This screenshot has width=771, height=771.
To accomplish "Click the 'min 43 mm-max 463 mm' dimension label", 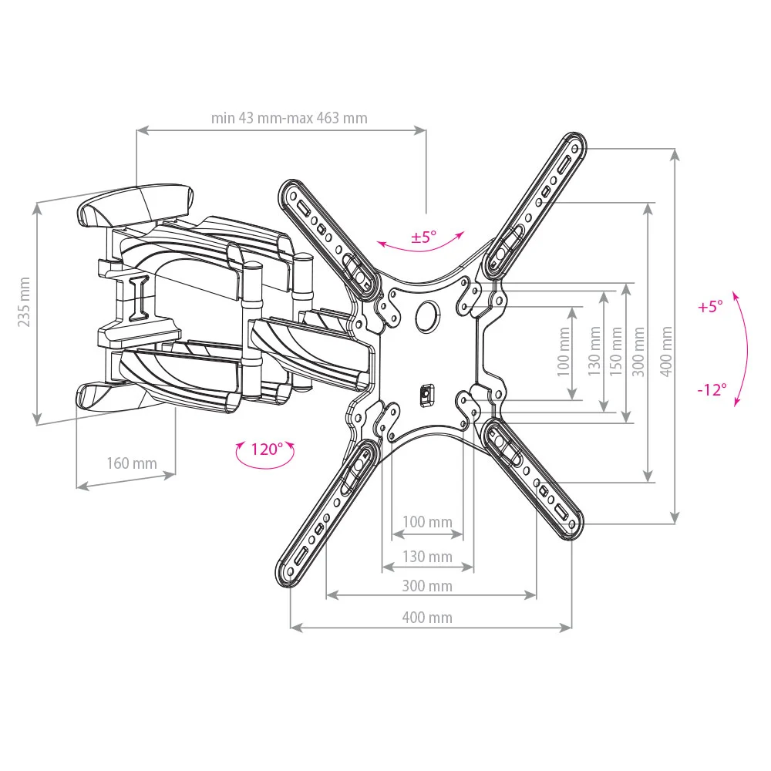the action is coord(289,119).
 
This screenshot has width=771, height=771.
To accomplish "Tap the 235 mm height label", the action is coord(24,302).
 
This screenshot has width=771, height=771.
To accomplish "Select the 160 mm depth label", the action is coord(132,463).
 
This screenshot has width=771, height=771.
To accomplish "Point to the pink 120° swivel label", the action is coord(267,449).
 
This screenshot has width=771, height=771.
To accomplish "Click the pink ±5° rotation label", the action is coord(424,237).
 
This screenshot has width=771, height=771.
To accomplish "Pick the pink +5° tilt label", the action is coord(710,307).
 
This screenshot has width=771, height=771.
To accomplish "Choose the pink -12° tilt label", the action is coord(712,390).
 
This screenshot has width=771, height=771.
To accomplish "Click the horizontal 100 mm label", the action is coord(427,522).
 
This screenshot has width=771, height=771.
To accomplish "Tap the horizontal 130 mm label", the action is coord(427,557).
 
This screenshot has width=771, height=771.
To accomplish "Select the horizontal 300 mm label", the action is coord(427,586).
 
